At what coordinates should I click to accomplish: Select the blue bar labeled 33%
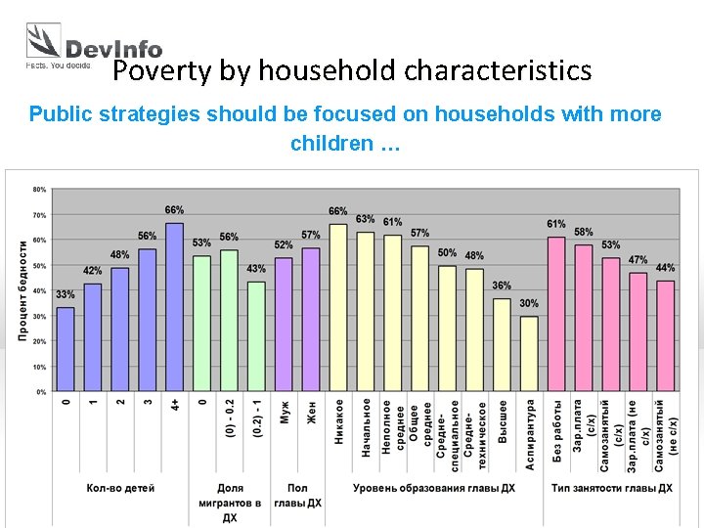point(66,349)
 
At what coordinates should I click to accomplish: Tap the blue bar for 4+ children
point(174,307)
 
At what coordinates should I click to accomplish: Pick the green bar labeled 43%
point(256,336)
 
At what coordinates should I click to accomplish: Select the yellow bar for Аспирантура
point(529,353)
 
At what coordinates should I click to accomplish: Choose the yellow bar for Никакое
point(338,307)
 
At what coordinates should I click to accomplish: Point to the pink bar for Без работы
point(556,314)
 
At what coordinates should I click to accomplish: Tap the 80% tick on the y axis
point(39,189)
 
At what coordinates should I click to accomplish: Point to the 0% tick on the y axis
point(41,391)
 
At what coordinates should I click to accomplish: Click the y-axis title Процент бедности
point(22,290)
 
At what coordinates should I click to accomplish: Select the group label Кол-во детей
point(120,488)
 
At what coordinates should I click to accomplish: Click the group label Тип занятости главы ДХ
point(611,488)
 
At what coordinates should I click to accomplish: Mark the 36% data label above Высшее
point(502,286)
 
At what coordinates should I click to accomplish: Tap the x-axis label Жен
point(311,412)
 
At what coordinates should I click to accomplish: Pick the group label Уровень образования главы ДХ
point(434,488)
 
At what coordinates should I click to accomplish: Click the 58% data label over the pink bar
point(583,233)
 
